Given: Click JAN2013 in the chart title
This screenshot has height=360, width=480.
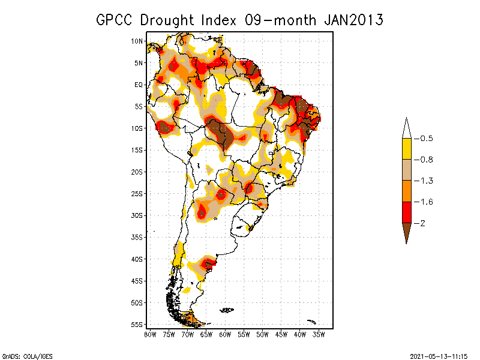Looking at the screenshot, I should point(353,20).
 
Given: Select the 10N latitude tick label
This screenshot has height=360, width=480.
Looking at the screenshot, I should point(137,41).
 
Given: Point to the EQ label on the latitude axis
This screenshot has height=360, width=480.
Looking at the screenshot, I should point(138,85).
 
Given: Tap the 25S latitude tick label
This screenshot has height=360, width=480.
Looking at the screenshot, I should point(137,194).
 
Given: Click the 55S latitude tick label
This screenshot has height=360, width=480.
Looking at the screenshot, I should point(137,325).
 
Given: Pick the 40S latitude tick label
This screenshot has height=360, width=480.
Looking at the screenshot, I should point(137,259).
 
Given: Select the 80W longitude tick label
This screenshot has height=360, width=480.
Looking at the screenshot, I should point(150,334).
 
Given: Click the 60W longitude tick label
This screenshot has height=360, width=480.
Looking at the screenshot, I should point(225,334).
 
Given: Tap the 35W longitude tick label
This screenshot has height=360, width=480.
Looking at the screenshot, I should point(319,334).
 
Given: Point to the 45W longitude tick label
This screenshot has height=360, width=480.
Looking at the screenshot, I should point(281,334).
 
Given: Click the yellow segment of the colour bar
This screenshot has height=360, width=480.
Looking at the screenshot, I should point(406,149).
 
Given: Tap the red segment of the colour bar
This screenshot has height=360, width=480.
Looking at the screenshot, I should point(406,212).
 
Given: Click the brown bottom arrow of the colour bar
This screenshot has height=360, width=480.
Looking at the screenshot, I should point(406,231).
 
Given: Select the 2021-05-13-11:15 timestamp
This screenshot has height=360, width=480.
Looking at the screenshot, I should point(438,355).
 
